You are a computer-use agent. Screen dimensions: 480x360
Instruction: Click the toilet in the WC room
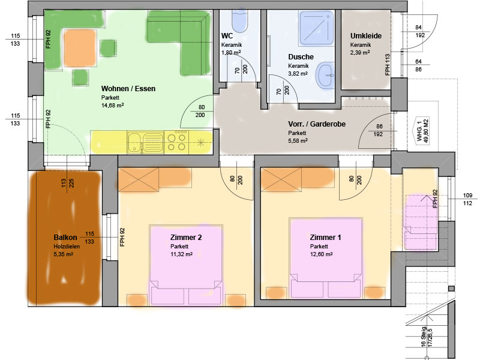pos(239,21)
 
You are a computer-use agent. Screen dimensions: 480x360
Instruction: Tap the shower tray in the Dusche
pos(316,28)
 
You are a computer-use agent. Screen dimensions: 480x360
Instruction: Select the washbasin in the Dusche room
pos(325,74)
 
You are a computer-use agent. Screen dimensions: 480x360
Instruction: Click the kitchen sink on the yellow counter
pos(145,143)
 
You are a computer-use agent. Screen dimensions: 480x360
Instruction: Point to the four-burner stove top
pos(176,142)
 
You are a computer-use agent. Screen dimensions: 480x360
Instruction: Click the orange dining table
pos(80,48)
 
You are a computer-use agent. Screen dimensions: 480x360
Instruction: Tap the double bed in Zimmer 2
pos(186,265)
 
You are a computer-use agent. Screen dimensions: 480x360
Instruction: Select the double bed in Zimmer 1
pos(326,258)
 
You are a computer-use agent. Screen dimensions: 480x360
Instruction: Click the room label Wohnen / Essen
pos(128,89)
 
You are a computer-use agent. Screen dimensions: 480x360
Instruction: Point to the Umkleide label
pos(366,36)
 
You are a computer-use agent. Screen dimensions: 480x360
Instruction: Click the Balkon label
pos(65,237)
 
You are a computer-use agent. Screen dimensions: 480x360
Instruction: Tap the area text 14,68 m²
pos(113,106)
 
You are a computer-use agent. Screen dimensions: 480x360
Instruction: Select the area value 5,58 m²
pos(298,140)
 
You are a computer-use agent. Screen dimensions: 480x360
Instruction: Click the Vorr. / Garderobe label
pos(317,124)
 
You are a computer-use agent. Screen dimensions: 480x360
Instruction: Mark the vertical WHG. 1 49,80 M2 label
pos(422,130)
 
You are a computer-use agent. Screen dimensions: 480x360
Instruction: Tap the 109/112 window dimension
pos(467,199)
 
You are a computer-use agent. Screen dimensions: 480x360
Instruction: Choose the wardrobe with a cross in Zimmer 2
pos(139,179)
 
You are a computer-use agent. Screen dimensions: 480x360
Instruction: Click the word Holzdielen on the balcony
pos(67,247)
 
